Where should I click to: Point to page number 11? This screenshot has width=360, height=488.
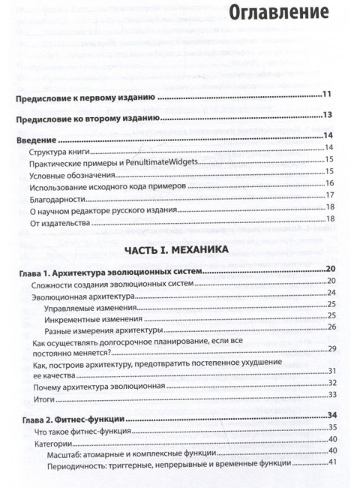coord(327,94)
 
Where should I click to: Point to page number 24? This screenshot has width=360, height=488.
coord(330,293)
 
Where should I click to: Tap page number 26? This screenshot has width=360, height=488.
coord(330,327)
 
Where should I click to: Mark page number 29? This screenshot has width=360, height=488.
coord(330,349)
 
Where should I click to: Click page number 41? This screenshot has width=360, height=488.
coord(330,462)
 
